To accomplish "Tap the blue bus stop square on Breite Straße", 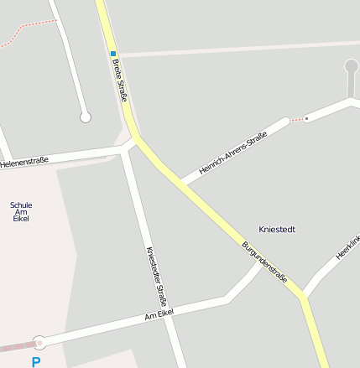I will pos(113,54).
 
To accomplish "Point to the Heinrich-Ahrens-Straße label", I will pos(233,153).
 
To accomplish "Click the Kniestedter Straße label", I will pos(158,277).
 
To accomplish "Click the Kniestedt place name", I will pos(277,229).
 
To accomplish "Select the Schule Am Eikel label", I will pos(21,212).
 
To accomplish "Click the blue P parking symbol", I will pos(35,362).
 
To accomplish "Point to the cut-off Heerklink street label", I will pos(347,246).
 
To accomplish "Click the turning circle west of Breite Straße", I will pos(85,117).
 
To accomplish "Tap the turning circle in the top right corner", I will pos(351,65).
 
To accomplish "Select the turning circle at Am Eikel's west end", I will pos(39,342).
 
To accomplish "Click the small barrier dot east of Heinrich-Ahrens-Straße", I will pos(306,118).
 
